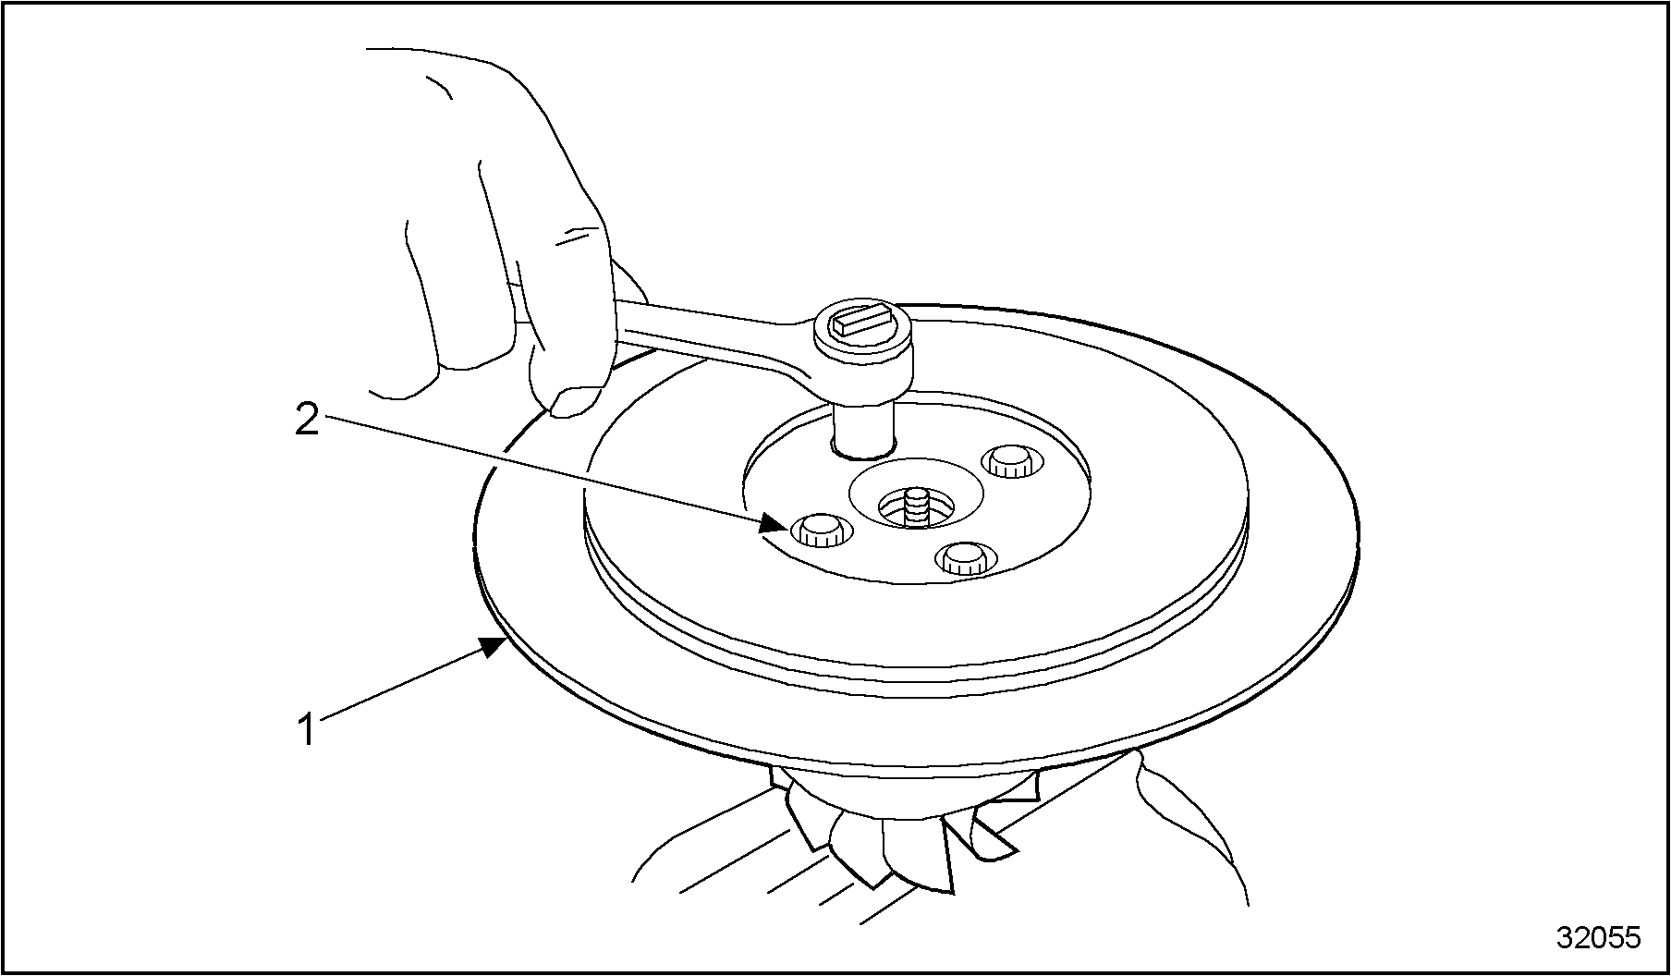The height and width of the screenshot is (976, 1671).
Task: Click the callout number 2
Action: [307, 421]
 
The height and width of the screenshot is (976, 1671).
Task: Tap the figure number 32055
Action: [1598, 937]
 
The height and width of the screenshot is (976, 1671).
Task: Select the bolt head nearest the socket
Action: [1009, 460]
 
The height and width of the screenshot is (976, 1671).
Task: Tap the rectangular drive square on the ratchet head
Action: [861, 323]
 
